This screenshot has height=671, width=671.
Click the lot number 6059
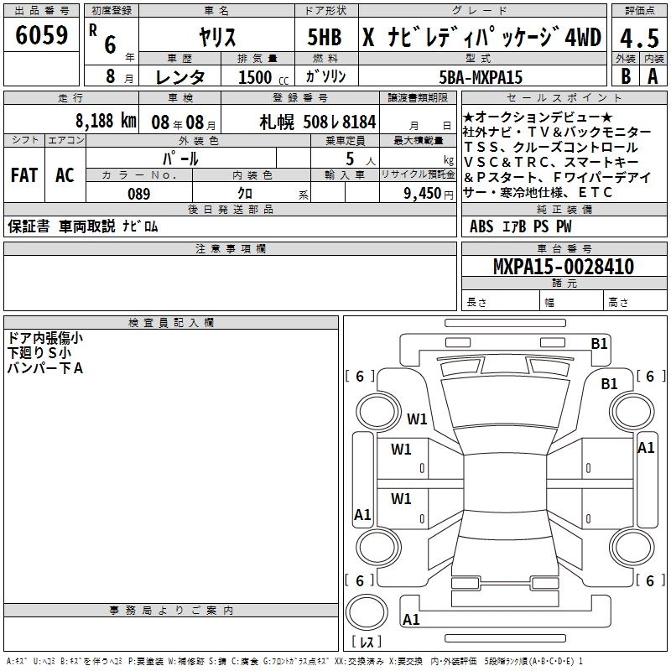click(42, 36)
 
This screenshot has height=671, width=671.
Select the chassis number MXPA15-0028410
click(563, 268)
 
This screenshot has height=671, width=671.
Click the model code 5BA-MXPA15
click(481, 77)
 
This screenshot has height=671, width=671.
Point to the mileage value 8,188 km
click(105, 120)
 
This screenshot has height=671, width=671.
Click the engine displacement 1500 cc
click(255, 77)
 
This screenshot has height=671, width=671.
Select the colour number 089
click(138, 194)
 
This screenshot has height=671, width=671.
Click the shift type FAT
click(23, 175)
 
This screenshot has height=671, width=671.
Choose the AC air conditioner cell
click(65, 175)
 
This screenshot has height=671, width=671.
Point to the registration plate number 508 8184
click(320, 122)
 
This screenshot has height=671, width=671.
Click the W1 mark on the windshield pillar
click(418, 419)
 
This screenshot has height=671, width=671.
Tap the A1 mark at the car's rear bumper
click(412, 620)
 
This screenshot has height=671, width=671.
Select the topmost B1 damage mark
click(599, 343)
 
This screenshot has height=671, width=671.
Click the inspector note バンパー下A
click(45, 367)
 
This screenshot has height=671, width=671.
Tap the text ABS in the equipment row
click(481, 226)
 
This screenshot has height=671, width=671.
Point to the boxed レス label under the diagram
click(366, 642)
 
